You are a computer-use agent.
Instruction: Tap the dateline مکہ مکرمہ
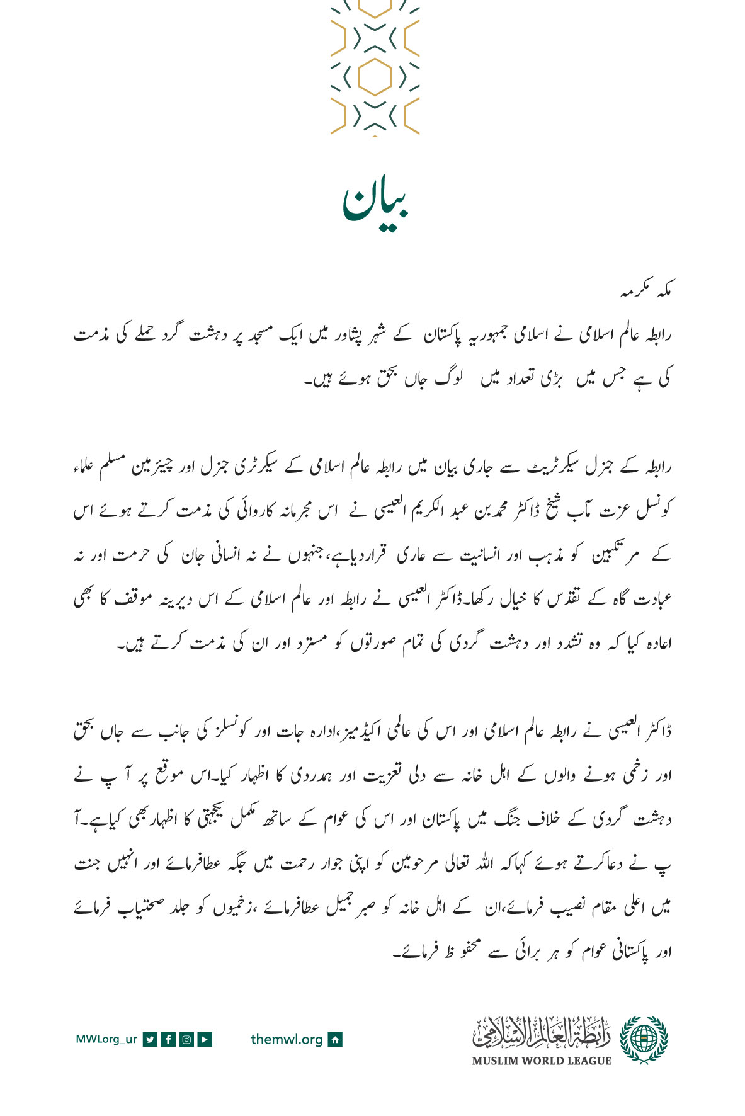coord(646,292)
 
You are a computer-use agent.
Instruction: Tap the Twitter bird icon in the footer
coord(150,1039)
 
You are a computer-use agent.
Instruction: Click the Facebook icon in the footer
coord(168,1039)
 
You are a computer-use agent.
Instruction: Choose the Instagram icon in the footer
coord(186,1039)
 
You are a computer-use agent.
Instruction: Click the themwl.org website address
coord(287,1039)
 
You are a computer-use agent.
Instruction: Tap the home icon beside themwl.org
coord(336,1039)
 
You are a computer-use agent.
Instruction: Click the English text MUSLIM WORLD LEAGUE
coord(542,1061)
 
